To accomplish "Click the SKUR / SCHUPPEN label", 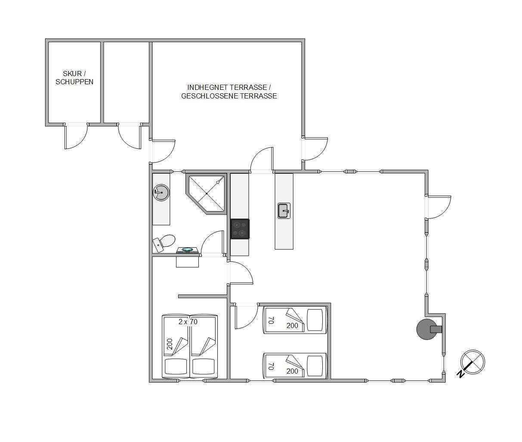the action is click(x=74, y=78).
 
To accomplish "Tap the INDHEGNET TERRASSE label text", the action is click(x=229, y=87).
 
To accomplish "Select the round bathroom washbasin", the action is click(x=161, y=193).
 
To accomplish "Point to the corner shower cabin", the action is click(x=206, y=194).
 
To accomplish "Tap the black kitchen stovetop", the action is click(x=240, y=229).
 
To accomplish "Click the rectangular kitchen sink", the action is click(x=284, y=211).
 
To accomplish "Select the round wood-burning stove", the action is click(x=427, y=329).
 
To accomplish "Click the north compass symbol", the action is click(x=473, y=362).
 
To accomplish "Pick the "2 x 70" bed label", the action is click(x=188, y=322).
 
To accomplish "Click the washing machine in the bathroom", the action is click(x=187, y=250).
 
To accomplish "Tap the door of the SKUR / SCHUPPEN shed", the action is click(x=76, y=136).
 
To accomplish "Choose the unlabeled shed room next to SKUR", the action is click(x=126, y=82).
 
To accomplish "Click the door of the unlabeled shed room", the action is click(x=129, y=136).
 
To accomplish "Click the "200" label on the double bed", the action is click(x=170, y=344).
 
